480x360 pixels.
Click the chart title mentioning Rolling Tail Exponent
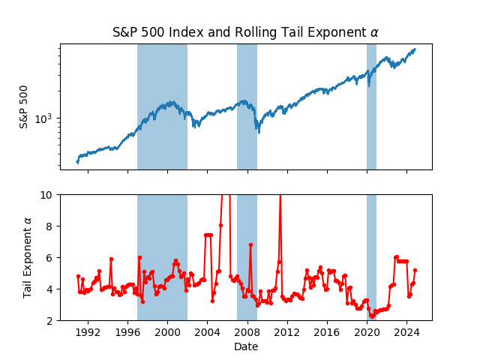(245, 32)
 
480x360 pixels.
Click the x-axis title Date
(245, 346)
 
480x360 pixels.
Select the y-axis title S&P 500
(24, 107)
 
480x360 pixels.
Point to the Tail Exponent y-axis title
(28, 257)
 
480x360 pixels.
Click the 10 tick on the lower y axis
(48, 194)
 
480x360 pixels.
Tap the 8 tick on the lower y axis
(50, 226)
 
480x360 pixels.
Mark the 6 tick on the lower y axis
(50, 257)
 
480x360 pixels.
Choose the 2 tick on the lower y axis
(50, 320)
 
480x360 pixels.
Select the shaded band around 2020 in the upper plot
(371, 107)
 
